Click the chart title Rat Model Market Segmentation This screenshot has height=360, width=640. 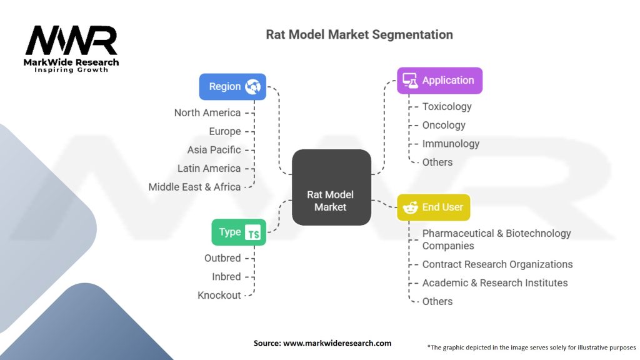(359, 34)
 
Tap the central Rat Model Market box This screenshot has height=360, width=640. (331, 187)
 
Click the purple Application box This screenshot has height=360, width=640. (439, 80)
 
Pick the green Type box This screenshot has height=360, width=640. (238, 232)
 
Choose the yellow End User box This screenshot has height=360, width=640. (434, 207)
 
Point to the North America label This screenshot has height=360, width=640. (207, 112)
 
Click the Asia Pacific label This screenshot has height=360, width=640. (214, 150)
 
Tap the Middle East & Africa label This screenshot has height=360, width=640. (194, 187)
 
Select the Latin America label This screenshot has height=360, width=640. (209, 168)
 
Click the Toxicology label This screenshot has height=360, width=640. (447, 106)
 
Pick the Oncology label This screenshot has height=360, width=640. (444, 125)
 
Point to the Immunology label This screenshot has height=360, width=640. (451, 144)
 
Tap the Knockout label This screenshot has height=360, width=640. (219, 295)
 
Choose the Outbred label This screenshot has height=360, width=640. (222, 258)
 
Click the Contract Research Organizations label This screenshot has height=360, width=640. (497, 264)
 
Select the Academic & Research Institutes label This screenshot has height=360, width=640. (495, 282)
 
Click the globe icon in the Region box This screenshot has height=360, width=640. (253, 86)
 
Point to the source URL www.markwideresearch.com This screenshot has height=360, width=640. (322, 343)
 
